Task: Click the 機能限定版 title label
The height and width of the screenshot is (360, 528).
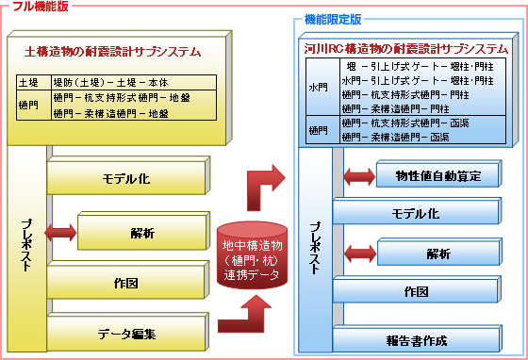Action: pyautogui.click(x=333, y=18)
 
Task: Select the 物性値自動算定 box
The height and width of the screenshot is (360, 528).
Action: pyautogui.click(x=437, y=176)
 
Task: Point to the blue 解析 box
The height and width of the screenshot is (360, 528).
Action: pyautogui.click(x=437, y=254)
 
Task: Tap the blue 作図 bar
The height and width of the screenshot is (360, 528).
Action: pyautogui.click(x=416, y=292)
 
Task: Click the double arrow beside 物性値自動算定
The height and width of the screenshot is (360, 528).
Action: pyautogui.click(x=360, y=176)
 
